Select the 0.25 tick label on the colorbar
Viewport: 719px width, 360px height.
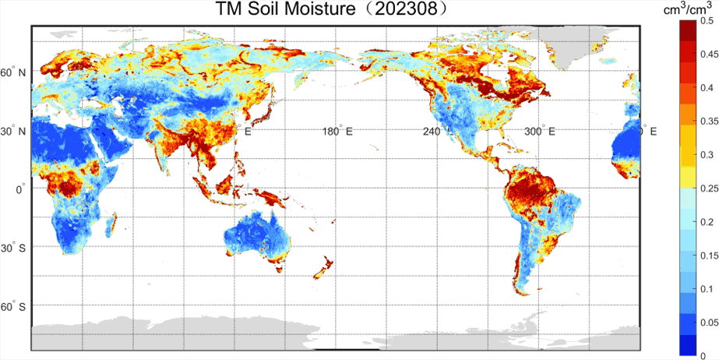[710, 188]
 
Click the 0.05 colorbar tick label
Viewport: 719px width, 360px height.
[710, 321]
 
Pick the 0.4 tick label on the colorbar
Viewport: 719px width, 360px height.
[707, 88]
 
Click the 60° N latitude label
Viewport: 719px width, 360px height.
[13, 72]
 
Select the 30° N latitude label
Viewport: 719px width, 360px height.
[13, 131]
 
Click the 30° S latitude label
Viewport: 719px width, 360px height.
[13, 248]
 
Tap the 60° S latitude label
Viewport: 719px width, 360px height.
[13, 306]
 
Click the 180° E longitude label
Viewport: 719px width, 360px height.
[338, 132]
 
